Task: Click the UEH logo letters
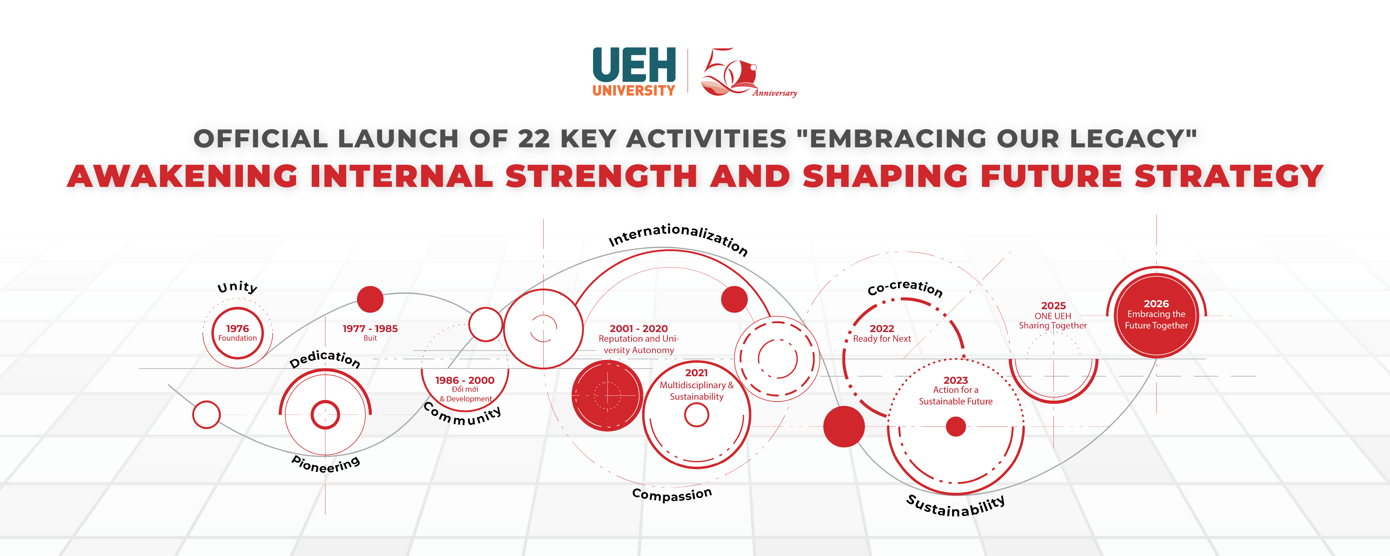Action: [634, 65]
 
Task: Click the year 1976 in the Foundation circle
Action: [237, 328]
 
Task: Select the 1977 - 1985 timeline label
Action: [370, 328]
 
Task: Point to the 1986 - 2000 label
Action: [464, 380]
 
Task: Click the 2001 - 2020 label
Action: [638, 328]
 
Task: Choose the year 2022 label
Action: [882, 328]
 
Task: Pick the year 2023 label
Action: [956, 380]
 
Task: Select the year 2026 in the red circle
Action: [1156, 304]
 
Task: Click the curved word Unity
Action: [237, 287]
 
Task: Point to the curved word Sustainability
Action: [956, 506]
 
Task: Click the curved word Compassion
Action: [672, 494]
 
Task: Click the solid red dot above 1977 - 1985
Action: [370, 299]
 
